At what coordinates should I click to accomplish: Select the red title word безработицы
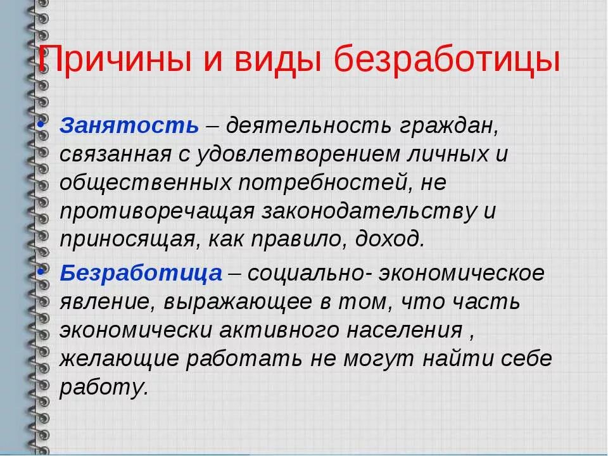point(446,61)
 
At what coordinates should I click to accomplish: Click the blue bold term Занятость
point(129,125)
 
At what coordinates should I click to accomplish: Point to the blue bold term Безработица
point(141,274)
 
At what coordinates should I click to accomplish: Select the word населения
point(406,331)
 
